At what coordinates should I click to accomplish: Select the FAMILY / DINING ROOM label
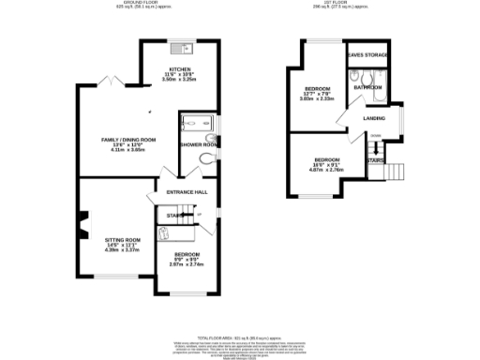[x=128, y=140]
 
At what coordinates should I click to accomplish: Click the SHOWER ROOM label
[x=199, y=144]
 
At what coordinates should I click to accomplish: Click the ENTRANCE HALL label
[x=187, y=193]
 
